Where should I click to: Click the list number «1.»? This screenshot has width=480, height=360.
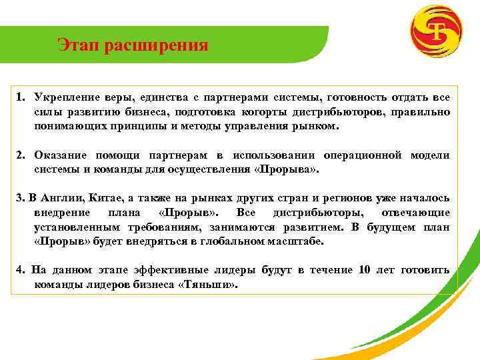pos(21,98)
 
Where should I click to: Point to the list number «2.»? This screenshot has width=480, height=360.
pos(21,155)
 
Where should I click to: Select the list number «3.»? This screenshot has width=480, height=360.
pos(20,198)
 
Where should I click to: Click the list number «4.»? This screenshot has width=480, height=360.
pos(21,270)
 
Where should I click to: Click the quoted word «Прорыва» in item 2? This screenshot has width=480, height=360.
pos(293,169)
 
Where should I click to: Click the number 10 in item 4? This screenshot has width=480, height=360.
pos(365,270)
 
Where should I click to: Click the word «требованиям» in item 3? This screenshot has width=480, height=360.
pos(151,227)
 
